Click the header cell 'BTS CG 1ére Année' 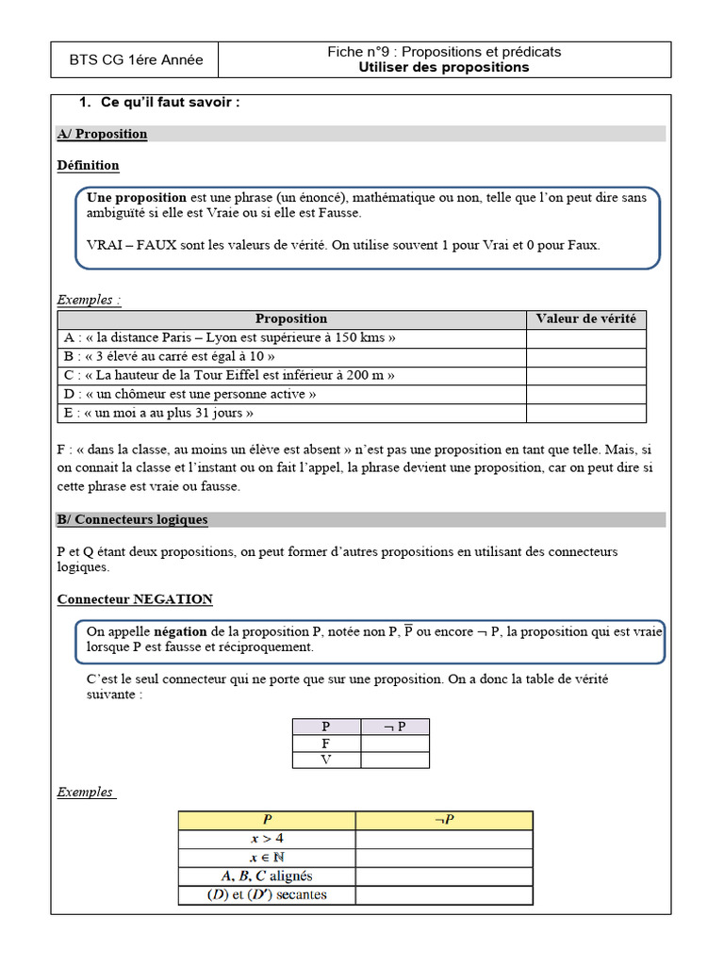136,60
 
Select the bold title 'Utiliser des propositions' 444,68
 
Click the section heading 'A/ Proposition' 103,134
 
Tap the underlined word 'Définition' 89,166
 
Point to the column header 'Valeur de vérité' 585,319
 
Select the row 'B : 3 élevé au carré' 170,357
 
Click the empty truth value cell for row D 585,395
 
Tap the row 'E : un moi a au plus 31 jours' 158,414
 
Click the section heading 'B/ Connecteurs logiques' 132,520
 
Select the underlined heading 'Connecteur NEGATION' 135,599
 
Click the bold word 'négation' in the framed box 181,632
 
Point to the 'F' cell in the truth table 326,744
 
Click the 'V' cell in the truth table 326,761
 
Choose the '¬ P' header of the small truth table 395,727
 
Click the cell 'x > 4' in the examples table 267,839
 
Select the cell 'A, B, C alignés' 267,876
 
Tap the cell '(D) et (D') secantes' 267,895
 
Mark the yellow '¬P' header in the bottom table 444,820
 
